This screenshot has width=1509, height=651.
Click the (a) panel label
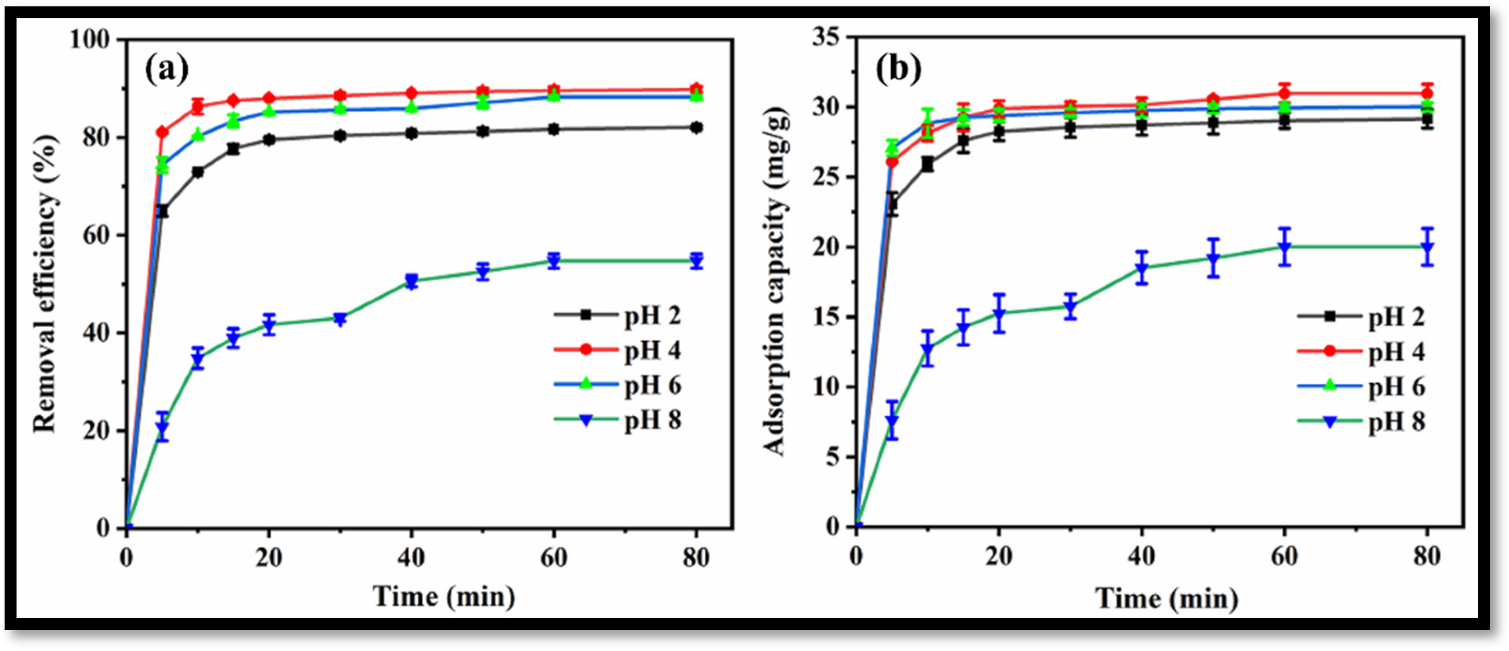click(x=166, y=69)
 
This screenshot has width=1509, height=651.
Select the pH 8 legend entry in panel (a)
click(x=652, y=420)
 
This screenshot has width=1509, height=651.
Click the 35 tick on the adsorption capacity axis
click(x=826, y=38)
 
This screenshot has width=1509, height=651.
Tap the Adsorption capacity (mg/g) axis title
click(x=775, y=281)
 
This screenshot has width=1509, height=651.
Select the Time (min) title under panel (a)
click(x=444, y=597)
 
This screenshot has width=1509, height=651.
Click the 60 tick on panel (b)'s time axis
click(x=1284, y=556)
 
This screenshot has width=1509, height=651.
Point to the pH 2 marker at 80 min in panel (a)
click(x=696, y=128)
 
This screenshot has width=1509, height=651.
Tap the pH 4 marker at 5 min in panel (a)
click(x=162, y=132)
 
